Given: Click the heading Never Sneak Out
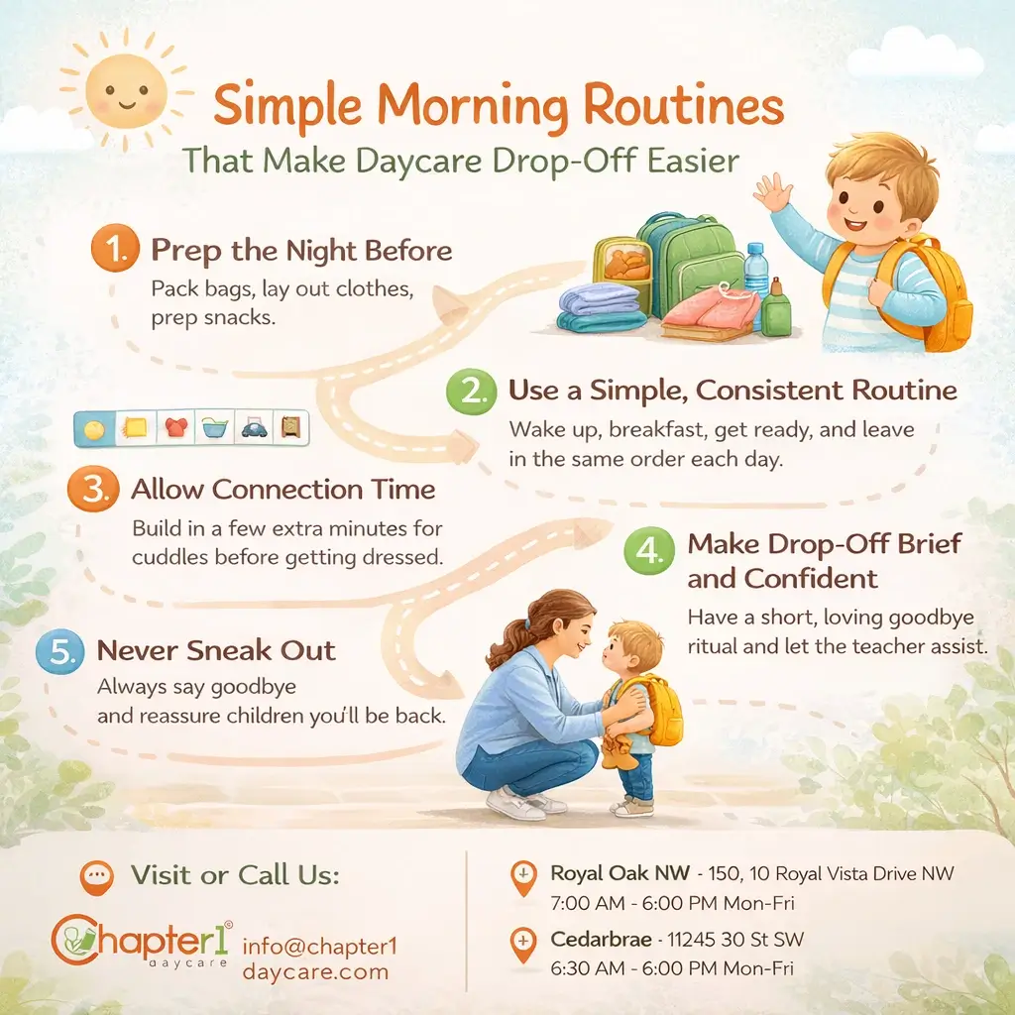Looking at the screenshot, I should tap(216, 651).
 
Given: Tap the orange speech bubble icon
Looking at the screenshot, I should tap(96, 875).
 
